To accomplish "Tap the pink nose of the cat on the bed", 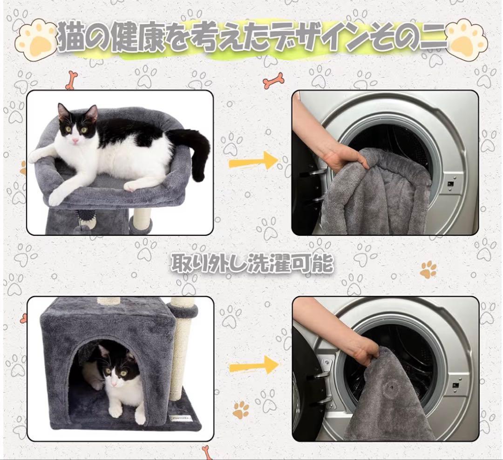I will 75,140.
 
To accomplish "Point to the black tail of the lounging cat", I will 196,149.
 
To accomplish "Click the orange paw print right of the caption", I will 428,269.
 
